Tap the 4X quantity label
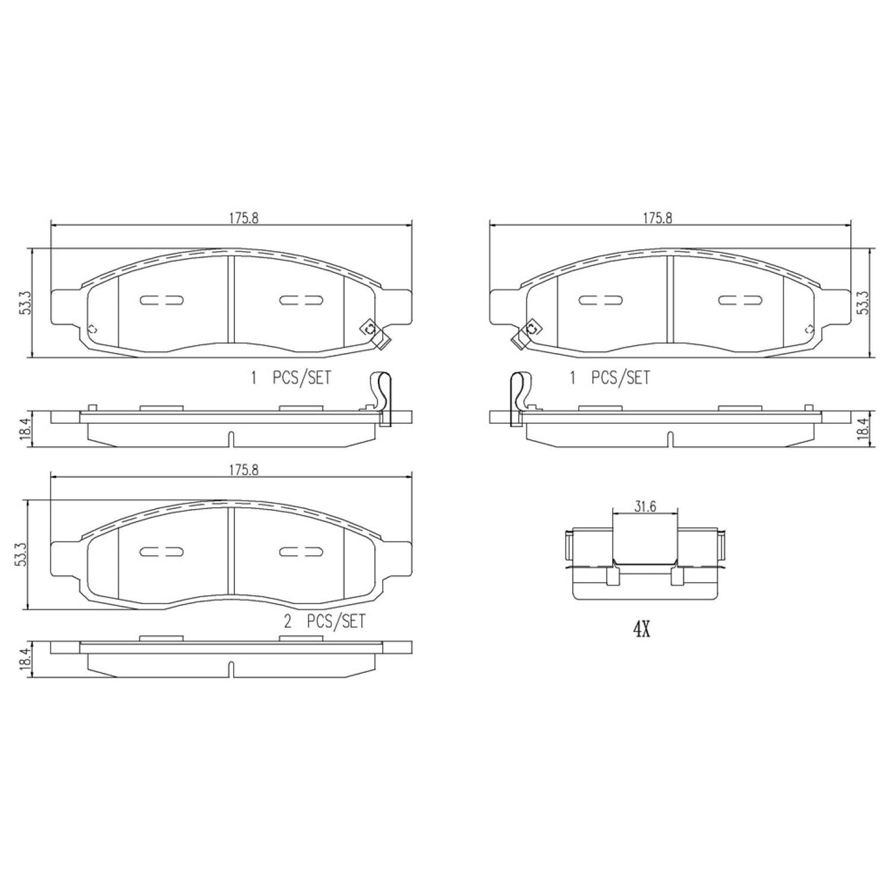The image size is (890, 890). coord(641,630)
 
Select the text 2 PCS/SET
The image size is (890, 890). coord(325,621)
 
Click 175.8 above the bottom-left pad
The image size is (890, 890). coord(244,470)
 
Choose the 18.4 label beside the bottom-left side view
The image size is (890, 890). coord(24,659)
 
